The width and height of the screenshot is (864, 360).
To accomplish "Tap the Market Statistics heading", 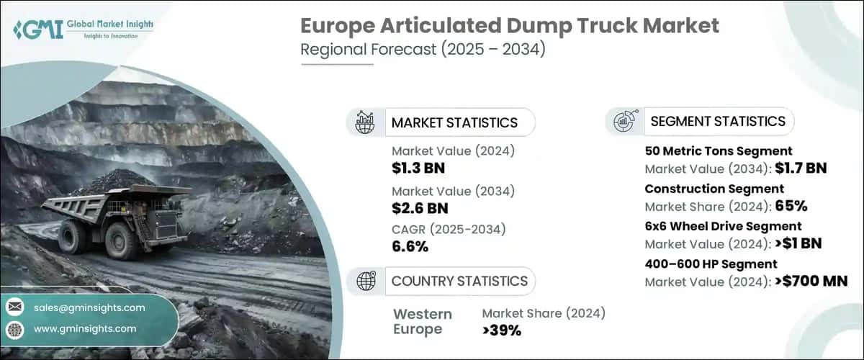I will (x=454, y=122).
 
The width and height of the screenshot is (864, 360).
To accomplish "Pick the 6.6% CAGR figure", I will (x=410, y=247).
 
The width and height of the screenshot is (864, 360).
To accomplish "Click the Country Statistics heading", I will (x=459, y=281).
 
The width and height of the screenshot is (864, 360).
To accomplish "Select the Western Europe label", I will (x=423, y=322).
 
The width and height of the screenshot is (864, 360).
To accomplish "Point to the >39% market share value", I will (x=502, y=330).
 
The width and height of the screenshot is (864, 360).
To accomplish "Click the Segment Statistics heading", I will (x=718, y=121).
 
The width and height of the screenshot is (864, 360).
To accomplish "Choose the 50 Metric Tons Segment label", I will (x=719, y=150).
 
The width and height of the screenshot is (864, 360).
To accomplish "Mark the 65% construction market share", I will (x=791, y=206).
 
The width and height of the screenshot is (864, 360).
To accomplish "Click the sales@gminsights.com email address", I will (x=89, y=307).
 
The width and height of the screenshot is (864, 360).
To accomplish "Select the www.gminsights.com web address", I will (x=85, y=328).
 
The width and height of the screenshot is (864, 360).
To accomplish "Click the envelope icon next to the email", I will (x=14, y=307).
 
